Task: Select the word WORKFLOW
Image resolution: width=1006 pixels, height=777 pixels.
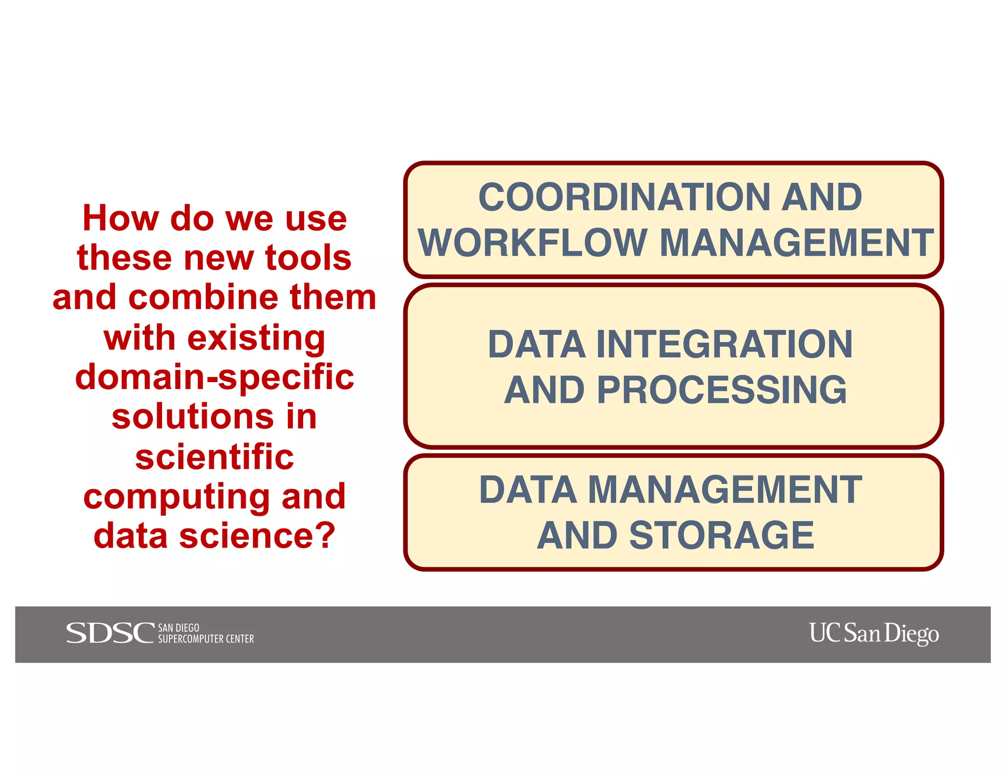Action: coord(532,243)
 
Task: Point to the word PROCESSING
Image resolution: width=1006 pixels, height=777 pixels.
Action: coord(722,390)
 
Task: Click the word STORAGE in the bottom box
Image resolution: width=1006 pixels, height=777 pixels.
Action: coord(722,535)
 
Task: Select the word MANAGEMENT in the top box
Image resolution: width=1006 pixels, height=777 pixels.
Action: coord(796,243)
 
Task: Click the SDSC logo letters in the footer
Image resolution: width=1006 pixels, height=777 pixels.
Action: coord(110,633)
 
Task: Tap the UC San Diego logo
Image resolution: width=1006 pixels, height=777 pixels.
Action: coord(874,633)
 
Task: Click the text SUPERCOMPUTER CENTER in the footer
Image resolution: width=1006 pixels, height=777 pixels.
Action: coord(206,639)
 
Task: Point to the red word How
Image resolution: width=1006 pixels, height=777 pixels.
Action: coord(120,218)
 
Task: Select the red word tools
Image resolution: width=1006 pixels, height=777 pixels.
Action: coord(308,258)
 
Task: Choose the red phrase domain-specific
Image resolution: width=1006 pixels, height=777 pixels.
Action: coord(215,377)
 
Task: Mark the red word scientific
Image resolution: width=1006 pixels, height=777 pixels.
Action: coord(215,457)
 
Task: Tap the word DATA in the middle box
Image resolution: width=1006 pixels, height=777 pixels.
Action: coord(536,344)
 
